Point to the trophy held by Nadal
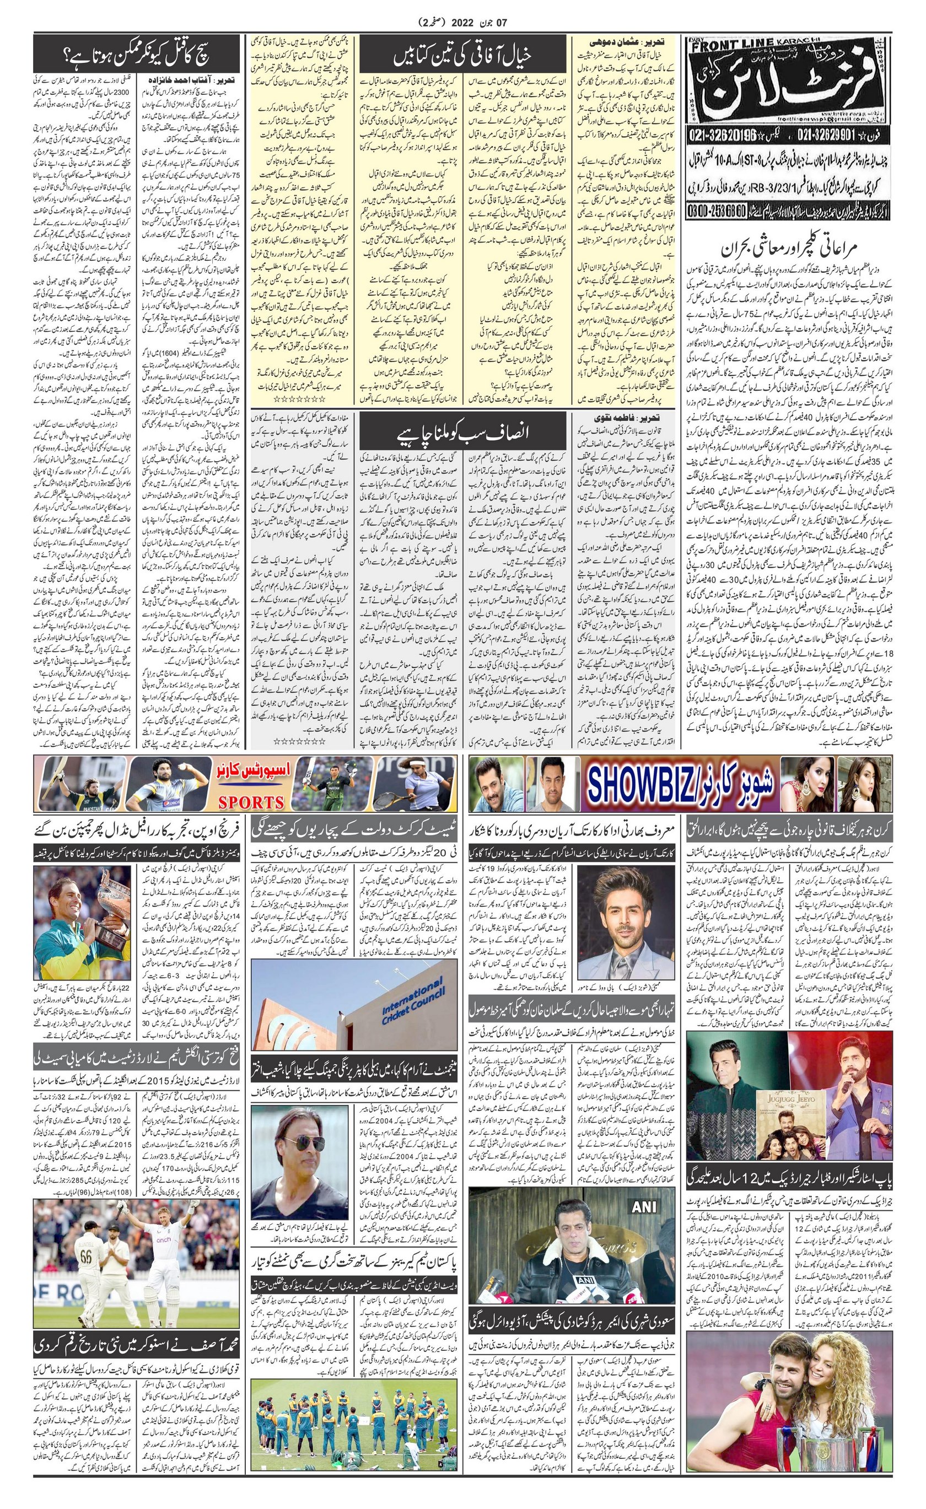pyautogui.click(x=114, y=891)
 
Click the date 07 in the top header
pyautogui.click(x=502, y=23)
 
